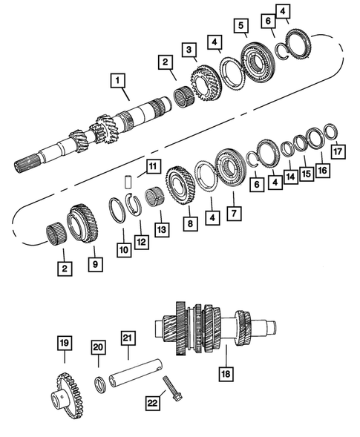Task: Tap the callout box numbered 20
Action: [x=99, y=347]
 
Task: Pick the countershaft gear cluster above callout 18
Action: [x=215, y=327]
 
